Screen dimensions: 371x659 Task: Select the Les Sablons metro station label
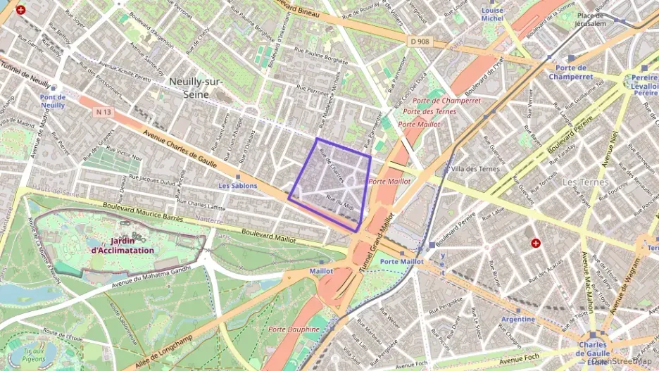click(237, 186)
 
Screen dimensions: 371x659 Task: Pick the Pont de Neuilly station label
click(52, 101)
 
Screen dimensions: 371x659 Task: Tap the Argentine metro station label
click(518, 319)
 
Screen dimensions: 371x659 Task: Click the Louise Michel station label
click(492, 15)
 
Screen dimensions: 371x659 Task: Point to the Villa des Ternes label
click(475, 169)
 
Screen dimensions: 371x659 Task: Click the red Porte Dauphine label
click(294, 329)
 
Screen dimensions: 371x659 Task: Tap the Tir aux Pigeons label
click(33, 355)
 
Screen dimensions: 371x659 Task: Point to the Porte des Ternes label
click(429, 111)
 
